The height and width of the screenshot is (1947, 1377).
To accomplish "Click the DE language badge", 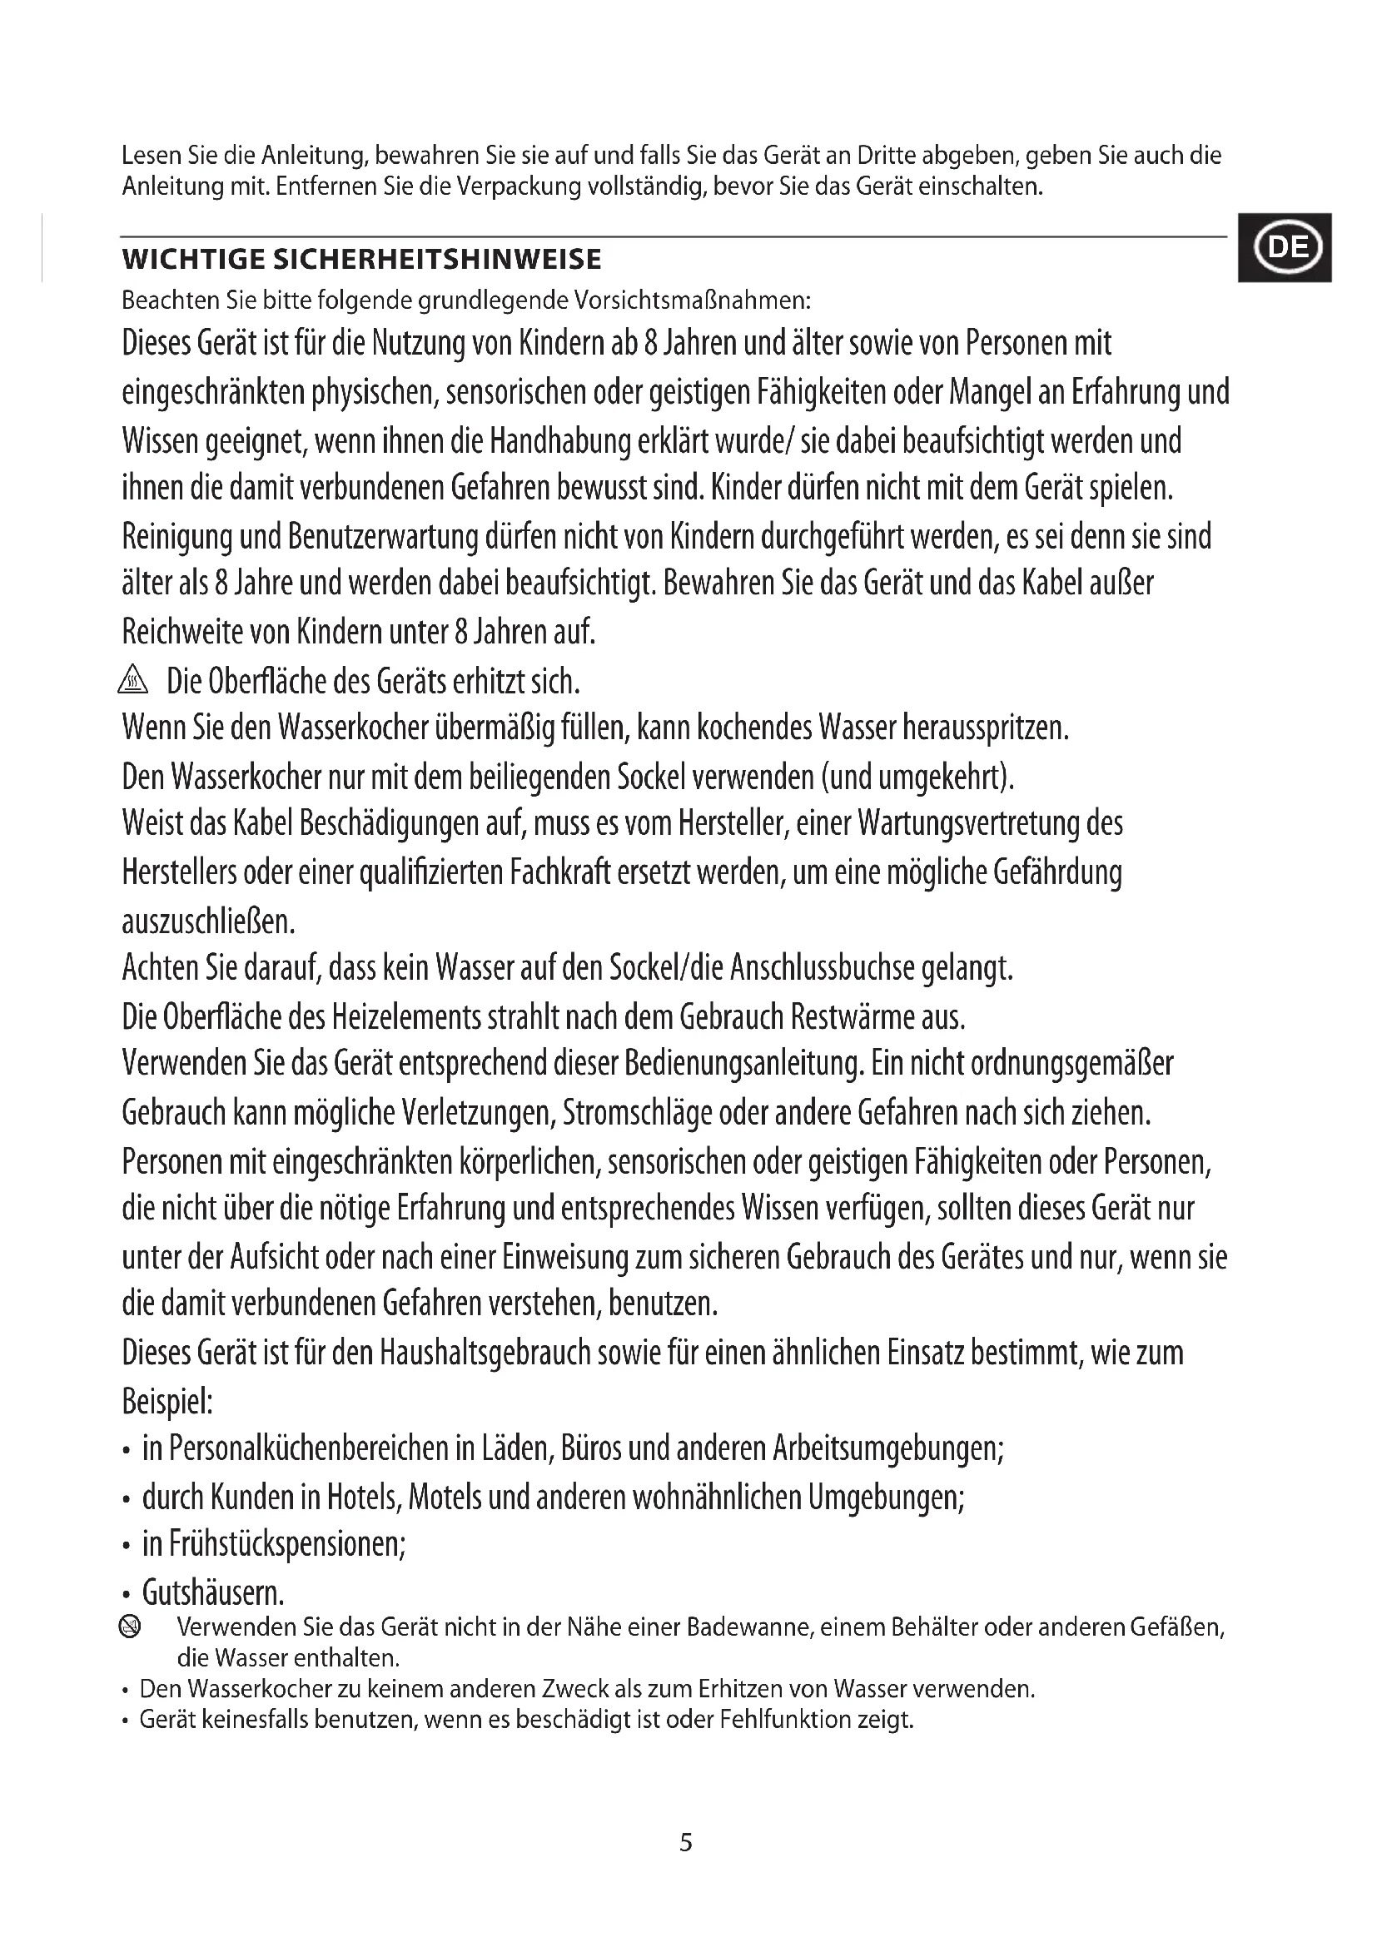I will (1285, 247).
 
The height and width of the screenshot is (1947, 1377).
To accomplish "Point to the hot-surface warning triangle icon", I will (134, 679).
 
